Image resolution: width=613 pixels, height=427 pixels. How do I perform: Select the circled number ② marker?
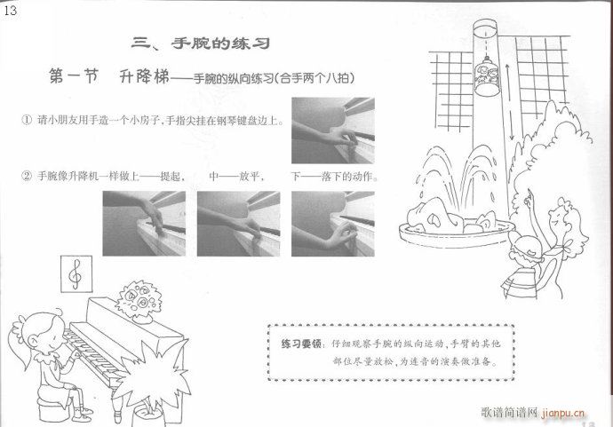click(27, 176)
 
